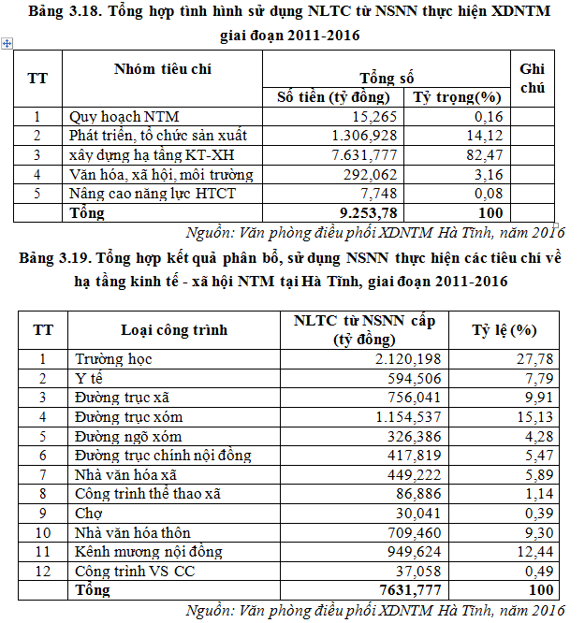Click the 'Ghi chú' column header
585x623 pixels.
click(533, 78)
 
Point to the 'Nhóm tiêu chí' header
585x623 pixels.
click(163, 69)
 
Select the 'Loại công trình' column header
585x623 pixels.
click(174, 329)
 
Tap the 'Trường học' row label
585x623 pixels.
click(113, 358)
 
